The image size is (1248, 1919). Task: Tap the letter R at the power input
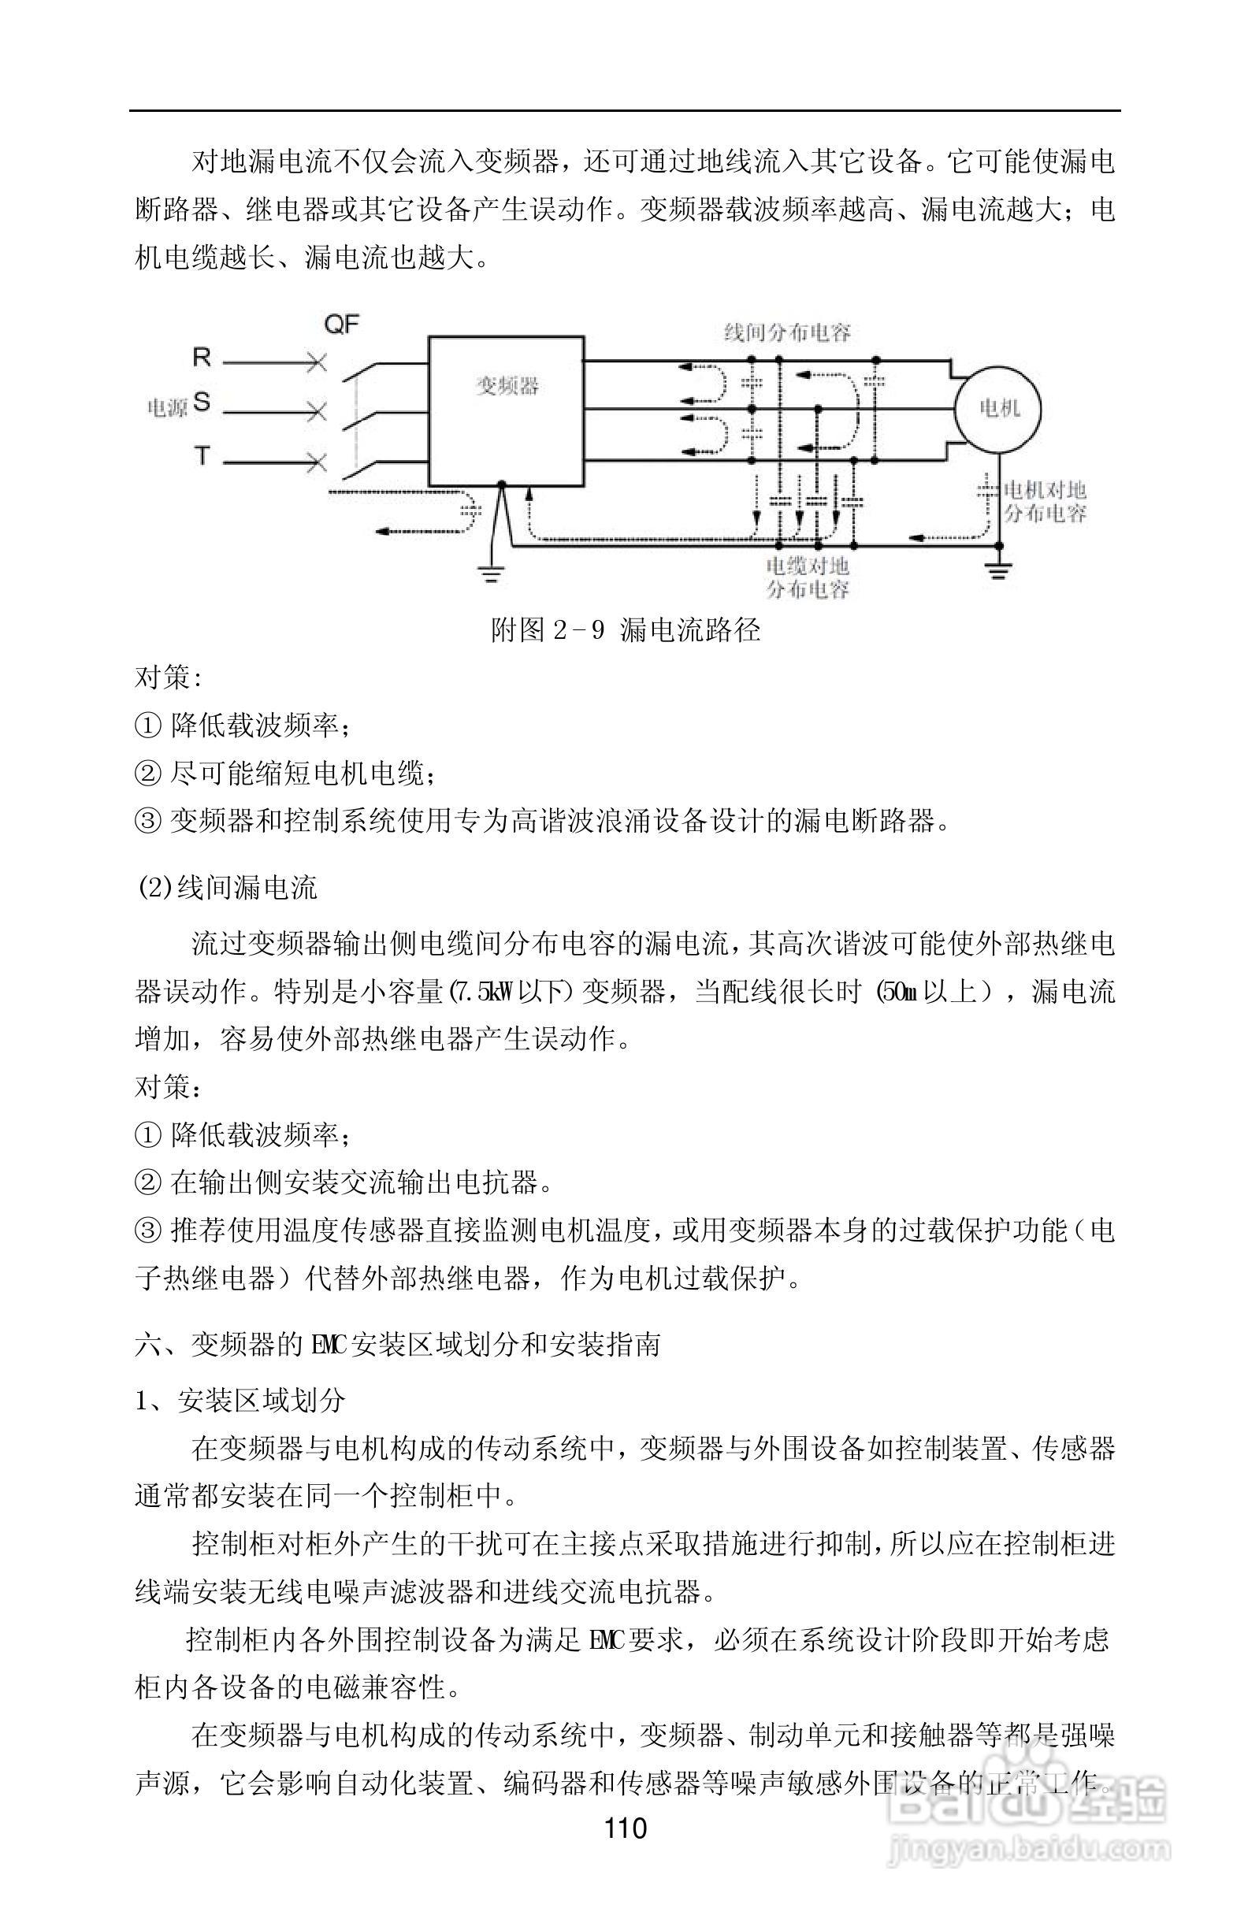coord(201,357)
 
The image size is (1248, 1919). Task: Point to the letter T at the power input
coord(202,456)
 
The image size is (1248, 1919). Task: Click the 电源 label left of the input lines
coord(167,408)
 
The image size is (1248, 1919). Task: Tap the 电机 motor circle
coord(998,408)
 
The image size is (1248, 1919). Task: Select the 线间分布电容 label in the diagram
coord(787,332)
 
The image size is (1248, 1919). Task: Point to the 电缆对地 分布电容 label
coord(807,577)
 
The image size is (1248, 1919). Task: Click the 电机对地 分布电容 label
coord(1045,502)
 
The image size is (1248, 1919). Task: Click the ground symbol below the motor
coord(998,573)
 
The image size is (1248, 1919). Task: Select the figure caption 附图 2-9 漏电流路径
coord(626,629)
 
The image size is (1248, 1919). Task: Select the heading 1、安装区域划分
coord(240,1400)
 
